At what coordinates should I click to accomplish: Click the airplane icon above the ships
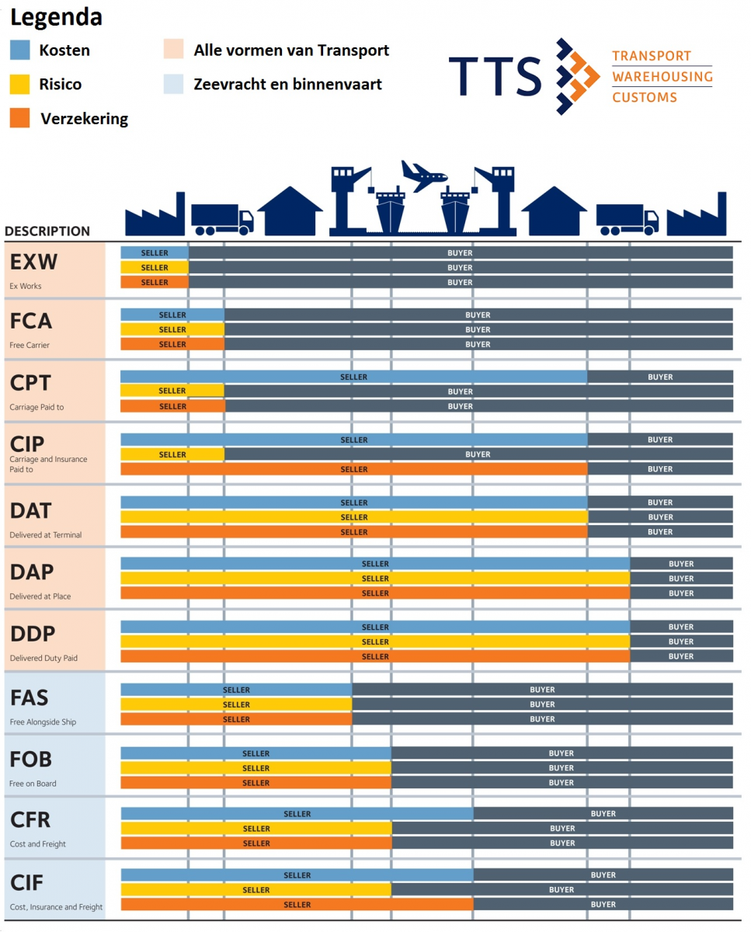(424, 177)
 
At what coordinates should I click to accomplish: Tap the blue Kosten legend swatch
(20, 50)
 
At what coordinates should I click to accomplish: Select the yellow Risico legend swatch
(20, 84)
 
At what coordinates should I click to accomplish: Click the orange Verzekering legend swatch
(20, 118)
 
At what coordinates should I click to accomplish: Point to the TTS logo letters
(495, 76)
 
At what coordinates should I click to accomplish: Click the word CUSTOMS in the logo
(645, 97)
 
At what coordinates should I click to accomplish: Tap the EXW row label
(34, 262)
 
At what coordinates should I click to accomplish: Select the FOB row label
(32, 759)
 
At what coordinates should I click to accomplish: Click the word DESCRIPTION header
(47, 231)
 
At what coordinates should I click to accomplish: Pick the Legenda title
(56, 17)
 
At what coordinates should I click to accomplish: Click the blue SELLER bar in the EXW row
(155, 252)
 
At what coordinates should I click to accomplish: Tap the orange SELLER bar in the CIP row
(354, 469)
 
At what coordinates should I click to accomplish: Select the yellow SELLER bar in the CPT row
(172, 391)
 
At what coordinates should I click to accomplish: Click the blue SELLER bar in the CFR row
(297, 814)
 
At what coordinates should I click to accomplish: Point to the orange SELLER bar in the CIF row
(297, 904)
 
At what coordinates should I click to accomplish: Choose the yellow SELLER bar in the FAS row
(236, 704)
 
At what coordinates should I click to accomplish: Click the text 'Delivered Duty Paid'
(43, 659)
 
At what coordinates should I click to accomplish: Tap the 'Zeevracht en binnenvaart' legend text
(287, 84)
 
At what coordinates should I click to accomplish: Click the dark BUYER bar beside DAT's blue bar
(660, 503)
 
